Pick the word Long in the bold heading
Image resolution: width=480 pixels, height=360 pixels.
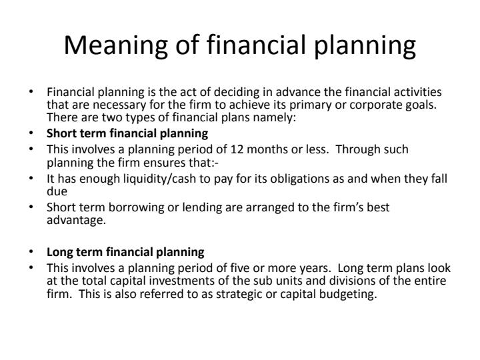58,252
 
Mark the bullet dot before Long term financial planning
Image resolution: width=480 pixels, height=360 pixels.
33,252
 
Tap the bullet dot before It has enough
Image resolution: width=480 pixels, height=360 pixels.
33,177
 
